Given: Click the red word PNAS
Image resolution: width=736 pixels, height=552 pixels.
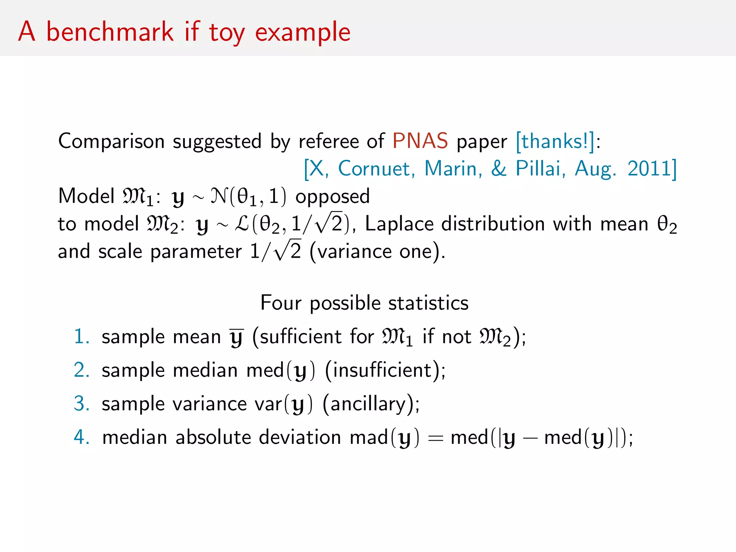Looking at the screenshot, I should (x=420, y=141).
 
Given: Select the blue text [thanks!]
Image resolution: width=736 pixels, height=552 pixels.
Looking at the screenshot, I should (x=555, y=141).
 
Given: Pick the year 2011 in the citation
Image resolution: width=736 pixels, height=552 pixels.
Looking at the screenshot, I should (x=649, y=168).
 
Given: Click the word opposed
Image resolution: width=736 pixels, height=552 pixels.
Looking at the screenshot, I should (x=332, y=197).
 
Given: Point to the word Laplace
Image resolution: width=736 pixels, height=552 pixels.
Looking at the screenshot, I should (x=399, y=224).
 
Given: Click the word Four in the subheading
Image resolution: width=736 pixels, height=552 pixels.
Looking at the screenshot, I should (x=280, y=303).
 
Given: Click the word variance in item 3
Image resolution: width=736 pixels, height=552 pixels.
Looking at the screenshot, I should (x=210, y=404).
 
